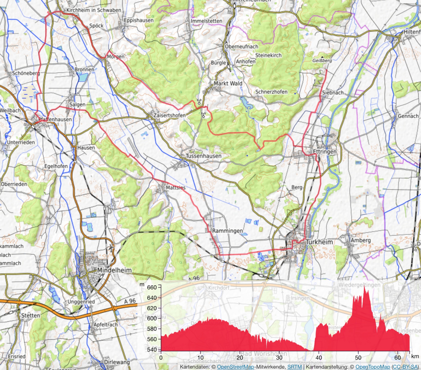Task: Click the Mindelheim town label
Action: [114, 270]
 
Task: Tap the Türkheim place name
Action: [319, 242]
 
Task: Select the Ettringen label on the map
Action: [324, 151]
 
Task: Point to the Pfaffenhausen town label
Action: [55, 119]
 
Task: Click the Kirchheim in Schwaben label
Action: [94, 10]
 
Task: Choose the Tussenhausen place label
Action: [203, 156]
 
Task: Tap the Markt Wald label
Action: [228, 83]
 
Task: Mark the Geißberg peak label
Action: [322, 60]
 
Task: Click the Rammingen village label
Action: [227, 231]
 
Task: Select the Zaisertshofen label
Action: [170, 115]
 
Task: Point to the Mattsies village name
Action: [175, 187]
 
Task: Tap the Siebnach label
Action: [333, 92]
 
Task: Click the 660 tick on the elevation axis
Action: [152, 287]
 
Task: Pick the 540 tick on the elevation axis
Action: [152, 350]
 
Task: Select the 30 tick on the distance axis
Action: [279, 357]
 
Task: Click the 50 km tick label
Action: [358, 357]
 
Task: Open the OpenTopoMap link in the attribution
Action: [372, 367]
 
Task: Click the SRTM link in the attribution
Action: [294, 367]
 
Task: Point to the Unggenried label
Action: [81, 302]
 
